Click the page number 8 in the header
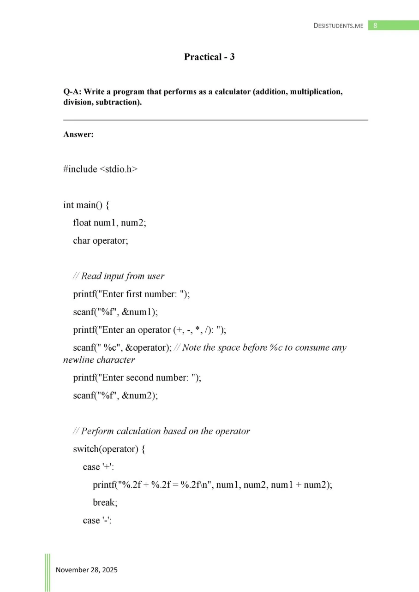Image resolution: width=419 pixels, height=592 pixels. point(375,25)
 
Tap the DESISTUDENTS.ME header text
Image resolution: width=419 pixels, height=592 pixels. point(338,26)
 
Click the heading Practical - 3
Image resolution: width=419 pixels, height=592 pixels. point(209,57)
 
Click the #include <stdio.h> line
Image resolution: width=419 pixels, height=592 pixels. point(100,169)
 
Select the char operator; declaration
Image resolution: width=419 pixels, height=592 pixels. point(101,240)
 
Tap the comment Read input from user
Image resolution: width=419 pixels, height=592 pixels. point(119,276)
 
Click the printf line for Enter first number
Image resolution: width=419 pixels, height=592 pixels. point(132,294)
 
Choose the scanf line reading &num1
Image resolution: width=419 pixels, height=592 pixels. point(115,312)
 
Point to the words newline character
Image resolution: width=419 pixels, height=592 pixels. point(99,359)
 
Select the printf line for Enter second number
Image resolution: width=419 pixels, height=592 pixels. point(137,377)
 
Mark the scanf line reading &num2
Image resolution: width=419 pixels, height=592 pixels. point(115,395)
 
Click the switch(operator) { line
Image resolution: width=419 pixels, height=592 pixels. point(109,449)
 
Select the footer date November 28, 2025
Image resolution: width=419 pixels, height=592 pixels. point(87,570)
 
